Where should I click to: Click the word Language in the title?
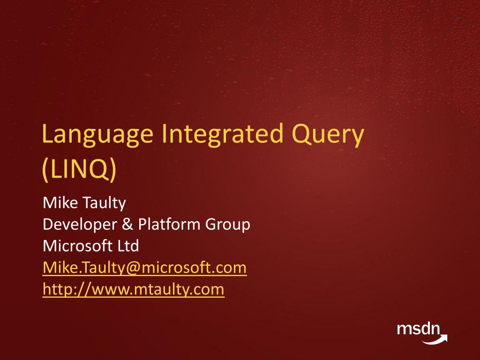coord(97,135)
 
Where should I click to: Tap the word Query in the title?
coord(328,135)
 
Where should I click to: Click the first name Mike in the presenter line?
coord(60,202)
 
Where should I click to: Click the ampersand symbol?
coord(127,224)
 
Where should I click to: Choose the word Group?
coord(228,225)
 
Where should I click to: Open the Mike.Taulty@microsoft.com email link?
coord(144,268)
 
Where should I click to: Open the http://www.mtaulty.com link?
coord(134,290)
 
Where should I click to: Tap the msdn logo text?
coord(418,329)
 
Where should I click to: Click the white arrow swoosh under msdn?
coord(434,339)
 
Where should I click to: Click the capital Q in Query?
coord(301,135)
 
